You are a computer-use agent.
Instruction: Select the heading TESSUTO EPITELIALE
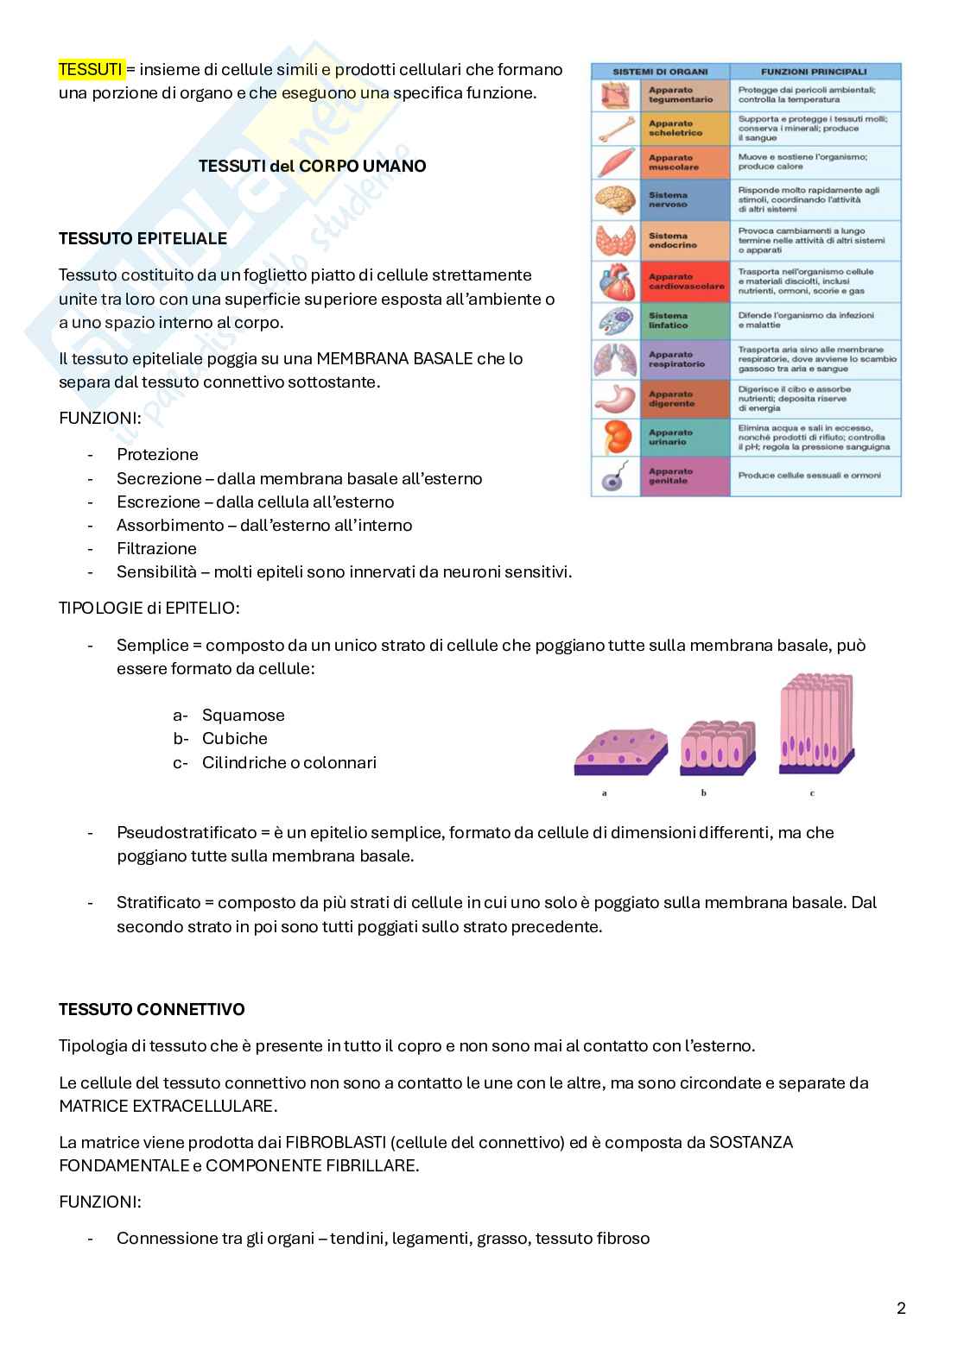point(143,238)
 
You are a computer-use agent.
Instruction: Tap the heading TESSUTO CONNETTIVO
point(151,1009)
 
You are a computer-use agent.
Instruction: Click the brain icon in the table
point(615,200)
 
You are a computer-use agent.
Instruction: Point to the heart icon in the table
point(615,281)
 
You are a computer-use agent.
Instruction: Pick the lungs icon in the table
point(615,359)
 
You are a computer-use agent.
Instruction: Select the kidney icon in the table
point(615,437)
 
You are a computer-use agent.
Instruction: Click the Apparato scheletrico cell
point(684,129)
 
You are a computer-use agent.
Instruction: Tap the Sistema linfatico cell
point(684,321)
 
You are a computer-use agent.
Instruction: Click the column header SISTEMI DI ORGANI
point(660,72)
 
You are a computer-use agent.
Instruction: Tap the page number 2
point(901,1308)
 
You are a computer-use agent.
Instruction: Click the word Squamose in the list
point(243,715)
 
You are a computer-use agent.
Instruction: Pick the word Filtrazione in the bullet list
point(156,548)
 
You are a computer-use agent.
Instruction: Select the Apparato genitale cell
point(684,476)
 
